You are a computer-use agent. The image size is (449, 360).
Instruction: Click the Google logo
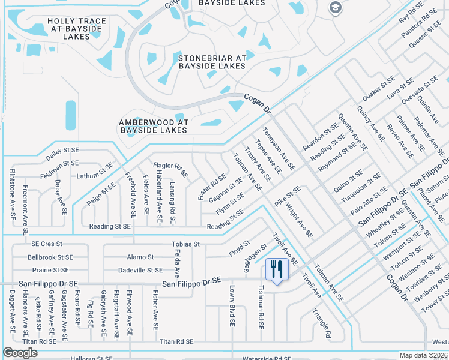20,353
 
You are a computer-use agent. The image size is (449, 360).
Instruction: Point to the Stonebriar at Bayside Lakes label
212,62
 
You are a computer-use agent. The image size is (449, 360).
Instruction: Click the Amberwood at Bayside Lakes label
154,126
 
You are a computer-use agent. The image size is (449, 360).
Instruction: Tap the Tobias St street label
185,244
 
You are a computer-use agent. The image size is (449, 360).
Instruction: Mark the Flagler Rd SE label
171,170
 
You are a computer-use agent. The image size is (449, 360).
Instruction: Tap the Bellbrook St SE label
50,257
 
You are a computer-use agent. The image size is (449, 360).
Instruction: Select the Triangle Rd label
322,325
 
